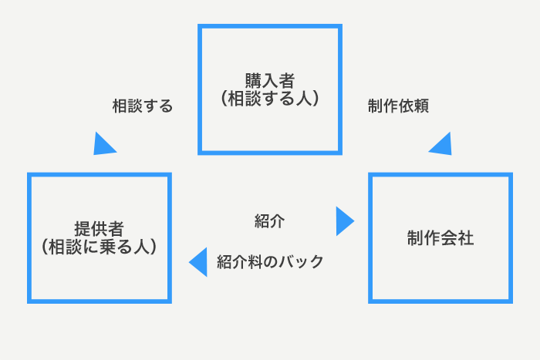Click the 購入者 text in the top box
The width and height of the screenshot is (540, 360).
[270, 81]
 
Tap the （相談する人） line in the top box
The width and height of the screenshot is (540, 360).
[270, 99]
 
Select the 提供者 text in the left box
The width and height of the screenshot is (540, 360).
[100, 228]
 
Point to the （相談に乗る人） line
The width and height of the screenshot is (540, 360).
[100, 247]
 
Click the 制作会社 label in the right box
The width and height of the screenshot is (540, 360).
[440, 238]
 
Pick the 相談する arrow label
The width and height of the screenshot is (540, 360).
[143, 106]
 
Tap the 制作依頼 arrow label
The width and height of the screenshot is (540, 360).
[398, 106]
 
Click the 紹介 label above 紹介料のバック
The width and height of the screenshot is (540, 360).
[270, 221]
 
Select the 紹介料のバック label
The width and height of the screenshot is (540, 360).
[270, 262]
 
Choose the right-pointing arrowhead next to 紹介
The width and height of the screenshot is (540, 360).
[344, 221]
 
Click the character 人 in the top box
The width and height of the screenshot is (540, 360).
[303, 99]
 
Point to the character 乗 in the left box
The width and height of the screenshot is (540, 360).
[108, 247]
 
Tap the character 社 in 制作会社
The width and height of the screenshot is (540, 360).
[466, 238]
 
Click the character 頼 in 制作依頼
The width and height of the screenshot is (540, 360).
[421, 106]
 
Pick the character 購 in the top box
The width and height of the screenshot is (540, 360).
[253, 81]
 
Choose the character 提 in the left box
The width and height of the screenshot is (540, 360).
[83, 228]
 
